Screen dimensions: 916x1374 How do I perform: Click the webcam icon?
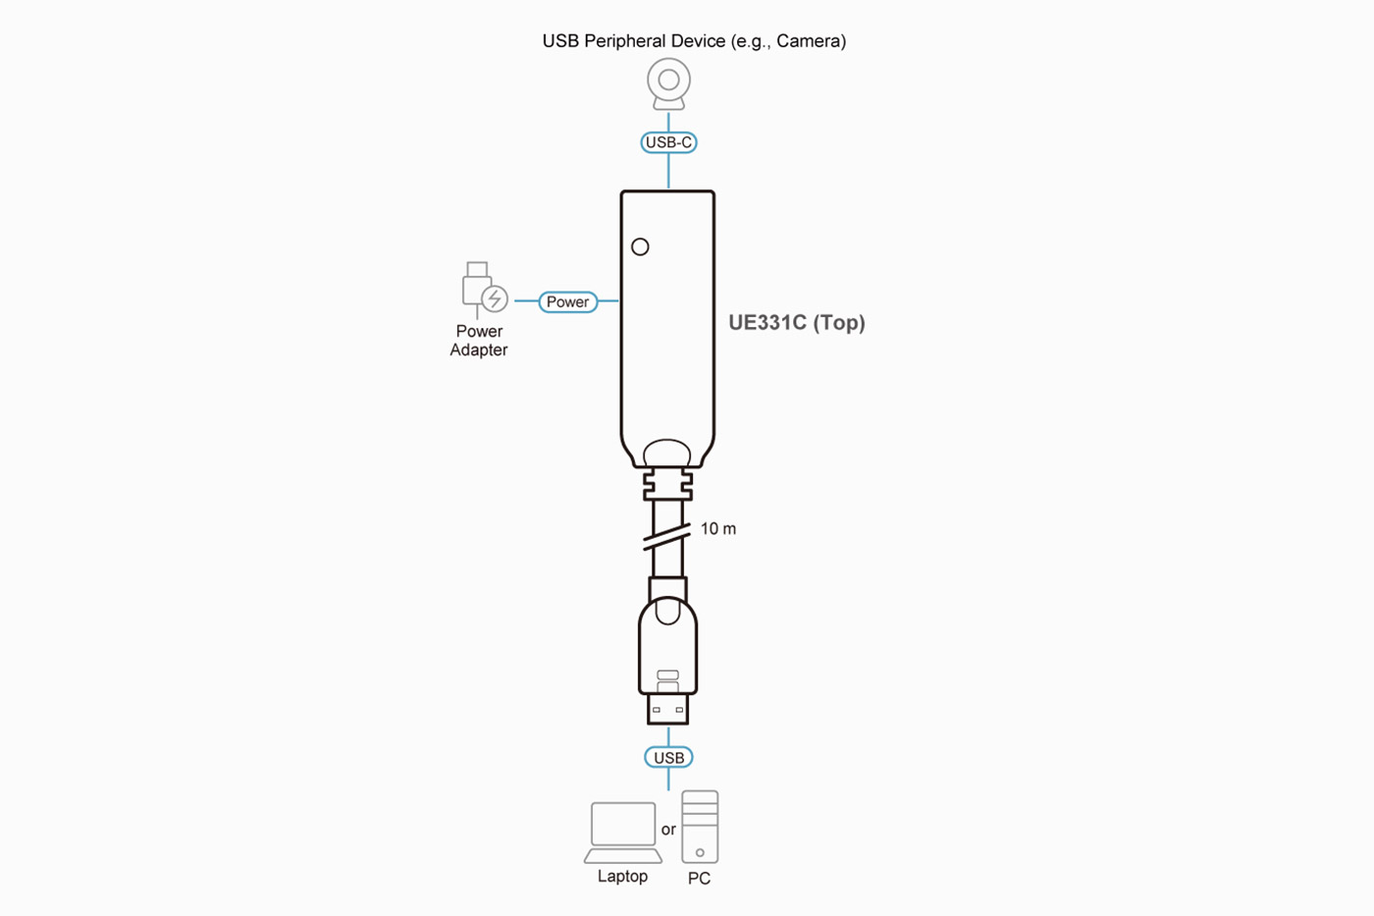(x=668, y=84)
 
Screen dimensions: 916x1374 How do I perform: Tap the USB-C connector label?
(x=668, y=142)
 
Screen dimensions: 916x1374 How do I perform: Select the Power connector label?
(x=567, y=301)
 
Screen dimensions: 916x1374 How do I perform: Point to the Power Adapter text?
(x=479, y=341)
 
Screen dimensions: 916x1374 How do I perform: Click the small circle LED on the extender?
(x=640, y=247)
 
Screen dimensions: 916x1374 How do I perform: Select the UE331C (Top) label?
(x=796, y=323)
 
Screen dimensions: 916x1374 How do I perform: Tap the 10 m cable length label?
(x=717, y=529)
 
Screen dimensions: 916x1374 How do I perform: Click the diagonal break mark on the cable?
(x=666, y=538)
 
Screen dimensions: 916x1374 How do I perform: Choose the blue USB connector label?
(x=668, y=758)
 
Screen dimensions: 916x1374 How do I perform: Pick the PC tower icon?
(x=700, y=827)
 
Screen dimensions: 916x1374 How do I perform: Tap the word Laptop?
(x=622, y=877)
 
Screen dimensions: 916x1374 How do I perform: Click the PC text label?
(x=699, y=879)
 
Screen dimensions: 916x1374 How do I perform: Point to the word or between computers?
(x=668, y=830)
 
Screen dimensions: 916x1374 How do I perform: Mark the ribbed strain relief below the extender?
(x=667, y=483)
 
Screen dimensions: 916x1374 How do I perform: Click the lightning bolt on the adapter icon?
(x=495, y=298)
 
